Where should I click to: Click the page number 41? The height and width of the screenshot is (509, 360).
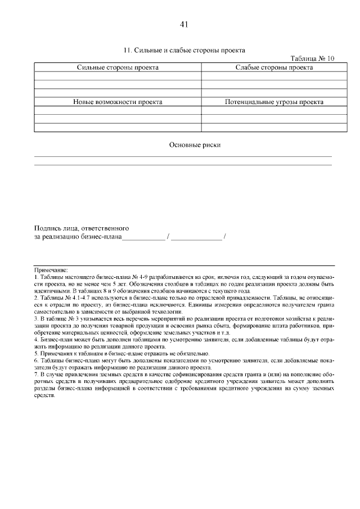(x=183, y=24)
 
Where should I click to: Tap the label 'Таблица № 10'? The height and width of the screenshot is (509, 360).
(x=312, y=58)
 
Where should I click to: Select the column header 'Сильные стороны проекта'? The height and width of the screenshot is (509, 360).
(x=118, y=67)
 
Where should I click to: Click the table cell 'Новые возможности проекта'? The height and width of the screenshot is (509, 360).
(x=118, y=102)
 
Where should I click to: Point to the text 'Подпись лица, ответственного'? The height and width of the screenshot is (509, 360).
(x=82, y=228)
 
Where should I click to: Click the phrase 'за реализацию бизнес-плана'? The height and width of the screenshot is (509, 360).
(x=78, y=237)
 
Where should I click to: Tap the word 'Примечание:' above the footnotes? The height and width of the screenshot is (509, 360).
(x=51, y=271)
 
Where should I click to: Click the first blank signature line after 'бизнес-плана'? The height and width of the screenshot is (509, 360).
(x=143, y=238)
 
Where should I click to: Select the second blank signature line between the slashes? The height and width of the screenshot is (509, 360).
(x=196, y=238)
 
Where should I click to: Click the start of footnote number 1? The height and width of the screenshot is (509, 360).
(x=36, y=278)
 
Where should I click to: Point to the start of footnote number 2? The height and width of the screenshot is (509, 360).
(x=36, y=298)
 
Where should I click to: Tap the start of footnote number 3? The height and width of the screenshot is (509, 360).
(x=36, y=319)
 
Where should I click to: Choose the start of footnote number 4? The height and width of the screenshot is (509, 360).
(x=36, y=340)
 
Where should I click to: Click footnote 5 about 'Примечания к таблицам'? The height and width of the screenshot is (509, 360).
(x=112, y=354)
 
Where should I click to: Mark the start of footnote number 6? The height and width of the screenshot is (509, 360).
(x=36, y=361)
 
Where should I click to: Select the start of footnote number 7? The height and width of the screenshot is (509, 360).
(x=36, y=374)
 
